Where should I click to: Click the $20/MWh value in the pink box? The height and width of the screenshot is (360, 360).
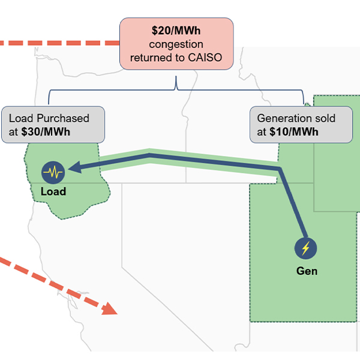176,31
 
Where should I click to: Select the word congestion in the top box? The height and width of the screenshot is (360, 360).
176,44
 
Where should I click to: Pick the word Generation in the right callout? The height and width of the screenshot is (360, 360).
281,118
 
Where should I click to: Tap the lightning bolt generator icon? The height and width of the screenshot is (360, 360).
306,248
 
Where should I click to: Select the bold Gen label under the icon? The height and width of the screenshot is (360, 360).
307,271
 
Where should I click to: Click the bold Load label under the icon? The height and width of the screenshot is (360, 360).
53,193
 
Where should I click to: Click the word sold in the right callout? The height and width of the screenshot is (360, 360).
322,118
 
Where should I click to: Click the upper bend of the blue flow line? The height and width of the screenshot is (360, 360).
149,157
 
